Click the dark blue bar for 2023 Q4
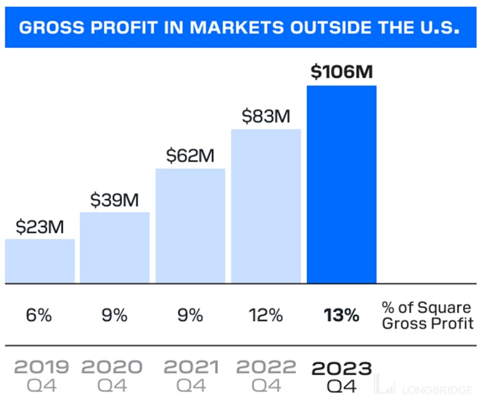(341, 183)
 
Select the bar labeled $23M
(40, 260)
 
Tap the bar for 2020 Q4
(114, 247)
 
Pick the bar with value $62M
(190, 225)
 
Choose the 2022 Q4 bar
(266, 205)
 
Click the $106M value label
(341, 71)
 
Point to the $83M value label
(266, 116)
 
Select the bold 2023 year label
(341, 368)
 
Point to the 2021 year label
(190, 368)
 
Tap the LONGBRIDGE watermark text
(443, 390)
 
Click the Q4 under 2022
(266, 385)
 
